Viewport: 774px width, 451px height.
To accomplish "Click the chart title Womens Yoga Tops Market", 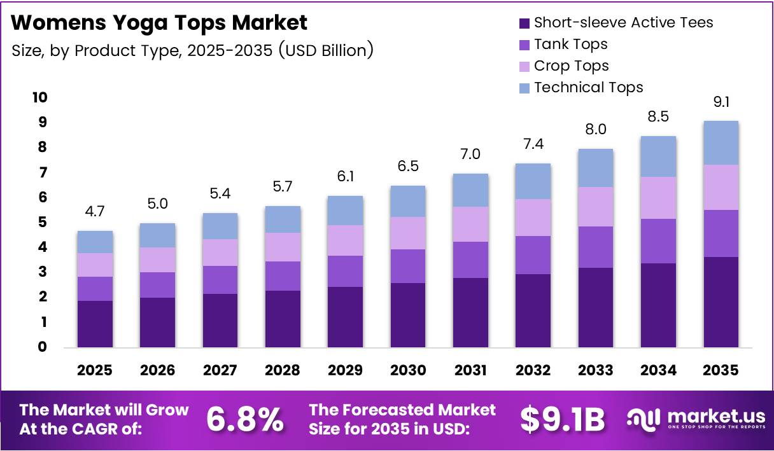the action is click(x=159, y=23).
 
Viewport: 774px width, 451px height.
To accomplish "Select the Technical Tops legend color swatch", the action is click(x=524, y=88).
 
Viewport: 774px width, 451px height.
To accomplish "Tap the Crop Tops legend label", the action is click(x=571, y=66).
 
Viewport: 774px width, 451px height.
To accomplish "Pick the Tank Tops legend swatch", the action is click(x=524, y=45).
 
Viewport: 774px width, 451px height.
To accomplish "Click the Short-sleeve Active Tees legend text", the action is click(x=624, y=22).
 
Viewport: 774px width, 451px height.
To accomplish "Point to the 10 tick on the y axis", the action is click(x=40, y=97).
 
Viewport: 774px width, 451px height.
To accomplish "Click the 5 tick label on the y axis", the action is click(x=42, y=222).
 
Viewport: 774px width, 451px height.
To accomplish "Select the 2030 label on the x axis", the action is click(x=408, y=370).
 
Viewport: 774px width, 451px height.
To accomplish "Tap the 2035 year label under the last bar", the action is click(x=721, y=370).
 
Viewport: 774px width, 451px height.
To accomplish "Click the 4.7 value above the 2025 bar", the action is click(x=95, y=211).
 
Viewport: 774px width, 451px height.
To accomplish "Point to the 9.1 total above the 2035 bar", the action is click(x=721, y=102).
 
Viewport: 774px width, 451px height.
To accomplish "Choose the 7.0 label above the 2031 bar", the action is click(x=470, y=154).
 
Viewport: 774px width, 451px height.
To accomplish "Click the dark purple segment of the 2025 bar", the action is click(x=95, y=324).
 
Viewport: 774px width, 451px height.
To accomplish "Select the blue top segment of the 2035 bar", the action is click(x=721, y=143).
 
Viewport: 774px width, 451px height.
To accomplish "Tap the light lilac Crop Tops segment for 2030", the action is click(x=408, y=233).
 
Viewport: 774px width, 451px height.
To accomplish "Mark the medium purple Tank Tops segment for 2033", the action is click(x=596, y=247).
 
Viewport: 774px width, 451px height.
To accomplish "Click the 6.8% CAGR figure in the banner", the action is click(x=245, y=420).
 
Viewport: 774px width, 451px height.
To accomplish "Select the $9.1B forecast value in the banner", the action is click(x=563, y=420).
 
